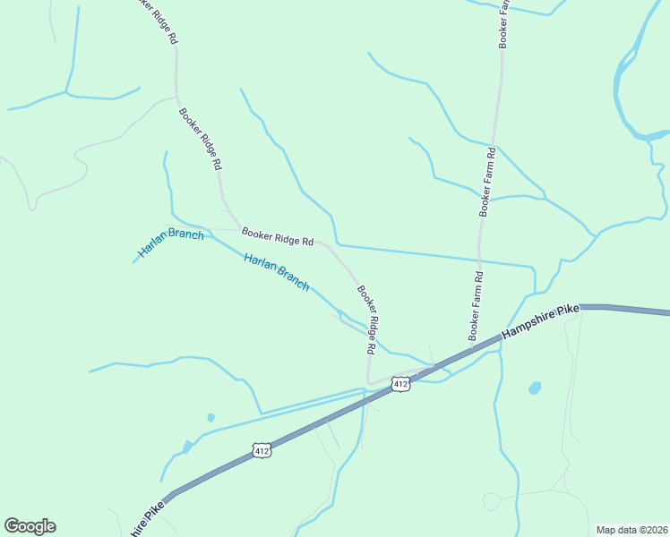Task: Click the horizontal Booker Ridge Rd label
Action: pos(277,235)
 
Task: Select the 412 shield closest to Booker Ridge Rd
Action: pos(400,384)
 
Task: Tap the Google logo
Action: pos(30,526)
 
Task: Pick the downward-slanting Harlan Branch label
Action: pos(277,272)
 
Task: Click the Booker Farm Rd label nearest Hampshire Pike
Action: pos(476,305)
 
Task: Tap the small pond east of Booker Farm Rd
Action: pos(535,388)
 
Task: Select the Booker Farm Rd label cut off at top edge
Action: pos(504,22)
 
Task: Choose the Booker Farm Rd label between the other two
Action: pos(489,182)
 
